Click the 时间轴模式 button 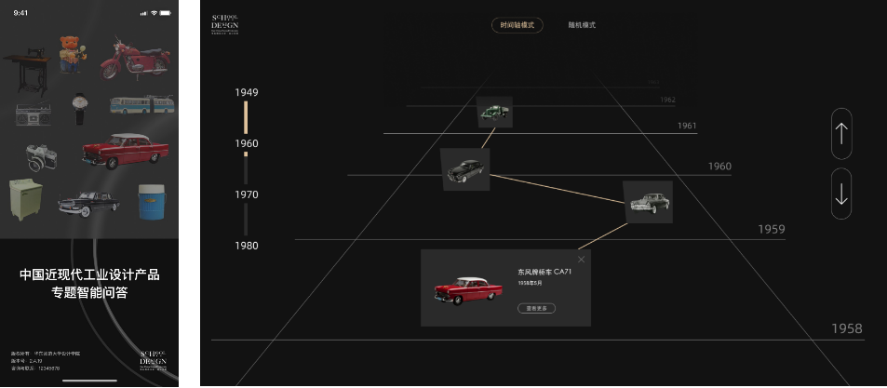517,25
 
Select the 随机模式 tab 582,25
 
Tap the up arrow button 841,133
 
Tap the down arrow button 841,194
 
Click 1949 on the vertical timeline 247,92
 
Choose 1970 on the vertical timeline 247,194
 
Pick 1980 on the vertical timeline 247,246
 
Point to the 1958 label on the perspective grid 846,328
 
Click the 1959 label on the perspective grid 771,229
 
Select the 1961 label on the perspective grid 687,126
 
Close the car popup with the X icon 582,259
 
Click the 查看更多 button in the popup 536,308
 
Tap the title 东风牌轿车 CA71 544,272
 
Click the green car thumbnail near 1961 494,113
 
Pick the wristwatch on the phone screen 80,108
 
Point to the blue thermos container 150,201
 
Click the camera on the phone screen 39,156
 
